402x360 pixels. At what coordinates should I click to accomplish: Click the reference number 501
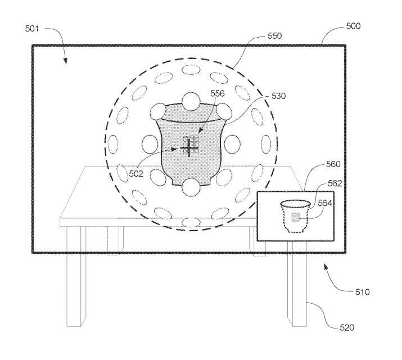tap(32, 28)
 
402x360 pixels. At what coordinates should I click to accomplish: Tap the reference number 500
tap(353, 26)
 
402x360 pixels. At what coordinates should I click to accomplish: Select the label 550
tap(274, 35)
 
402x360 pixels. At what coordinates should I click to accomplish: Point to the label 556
tap(218, 93)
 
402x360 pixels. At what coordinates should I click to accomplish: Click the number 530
tap(278, 96)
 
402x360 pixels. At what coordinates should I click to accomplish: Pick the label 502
tap(136, 174)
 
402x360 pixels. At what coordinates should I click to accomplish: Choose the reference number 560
tap(333, 164)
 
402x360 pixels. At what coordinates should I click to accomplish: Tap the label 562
tap(335, 183)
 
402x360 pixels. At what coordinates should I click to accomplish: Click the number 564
tap(325, 203)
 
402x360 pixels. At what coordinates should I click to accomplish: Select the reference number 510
tap(362, 292)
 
